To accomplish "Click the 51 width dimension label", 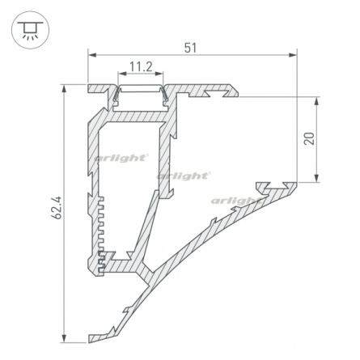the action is click(x=190, y=48).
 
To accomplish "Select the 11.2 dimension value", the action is click(x=141, y=67).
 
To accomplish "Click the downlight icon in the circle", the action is click(x=30, y=30).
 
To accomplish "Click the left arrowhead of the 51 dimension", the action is click(x=92, y=55).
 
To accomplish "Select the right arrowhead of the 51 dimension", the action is click(x=293, y=55).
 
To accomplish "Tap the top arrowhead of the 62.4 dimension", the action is click(x=64, y=89).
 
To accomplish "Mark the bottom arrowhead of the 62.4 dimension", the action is click(x=64, y=338).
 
